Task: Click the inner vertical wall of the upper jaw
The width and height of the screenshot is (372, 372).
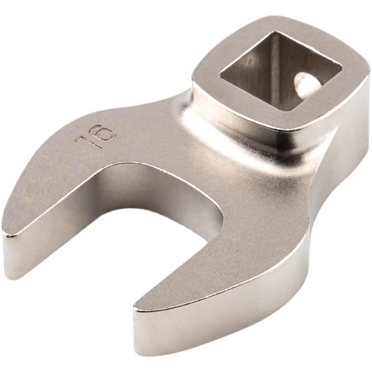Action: pos(123,197)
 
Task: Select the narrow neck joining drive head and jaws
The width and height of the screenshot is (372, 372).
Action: pos(186,123)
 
